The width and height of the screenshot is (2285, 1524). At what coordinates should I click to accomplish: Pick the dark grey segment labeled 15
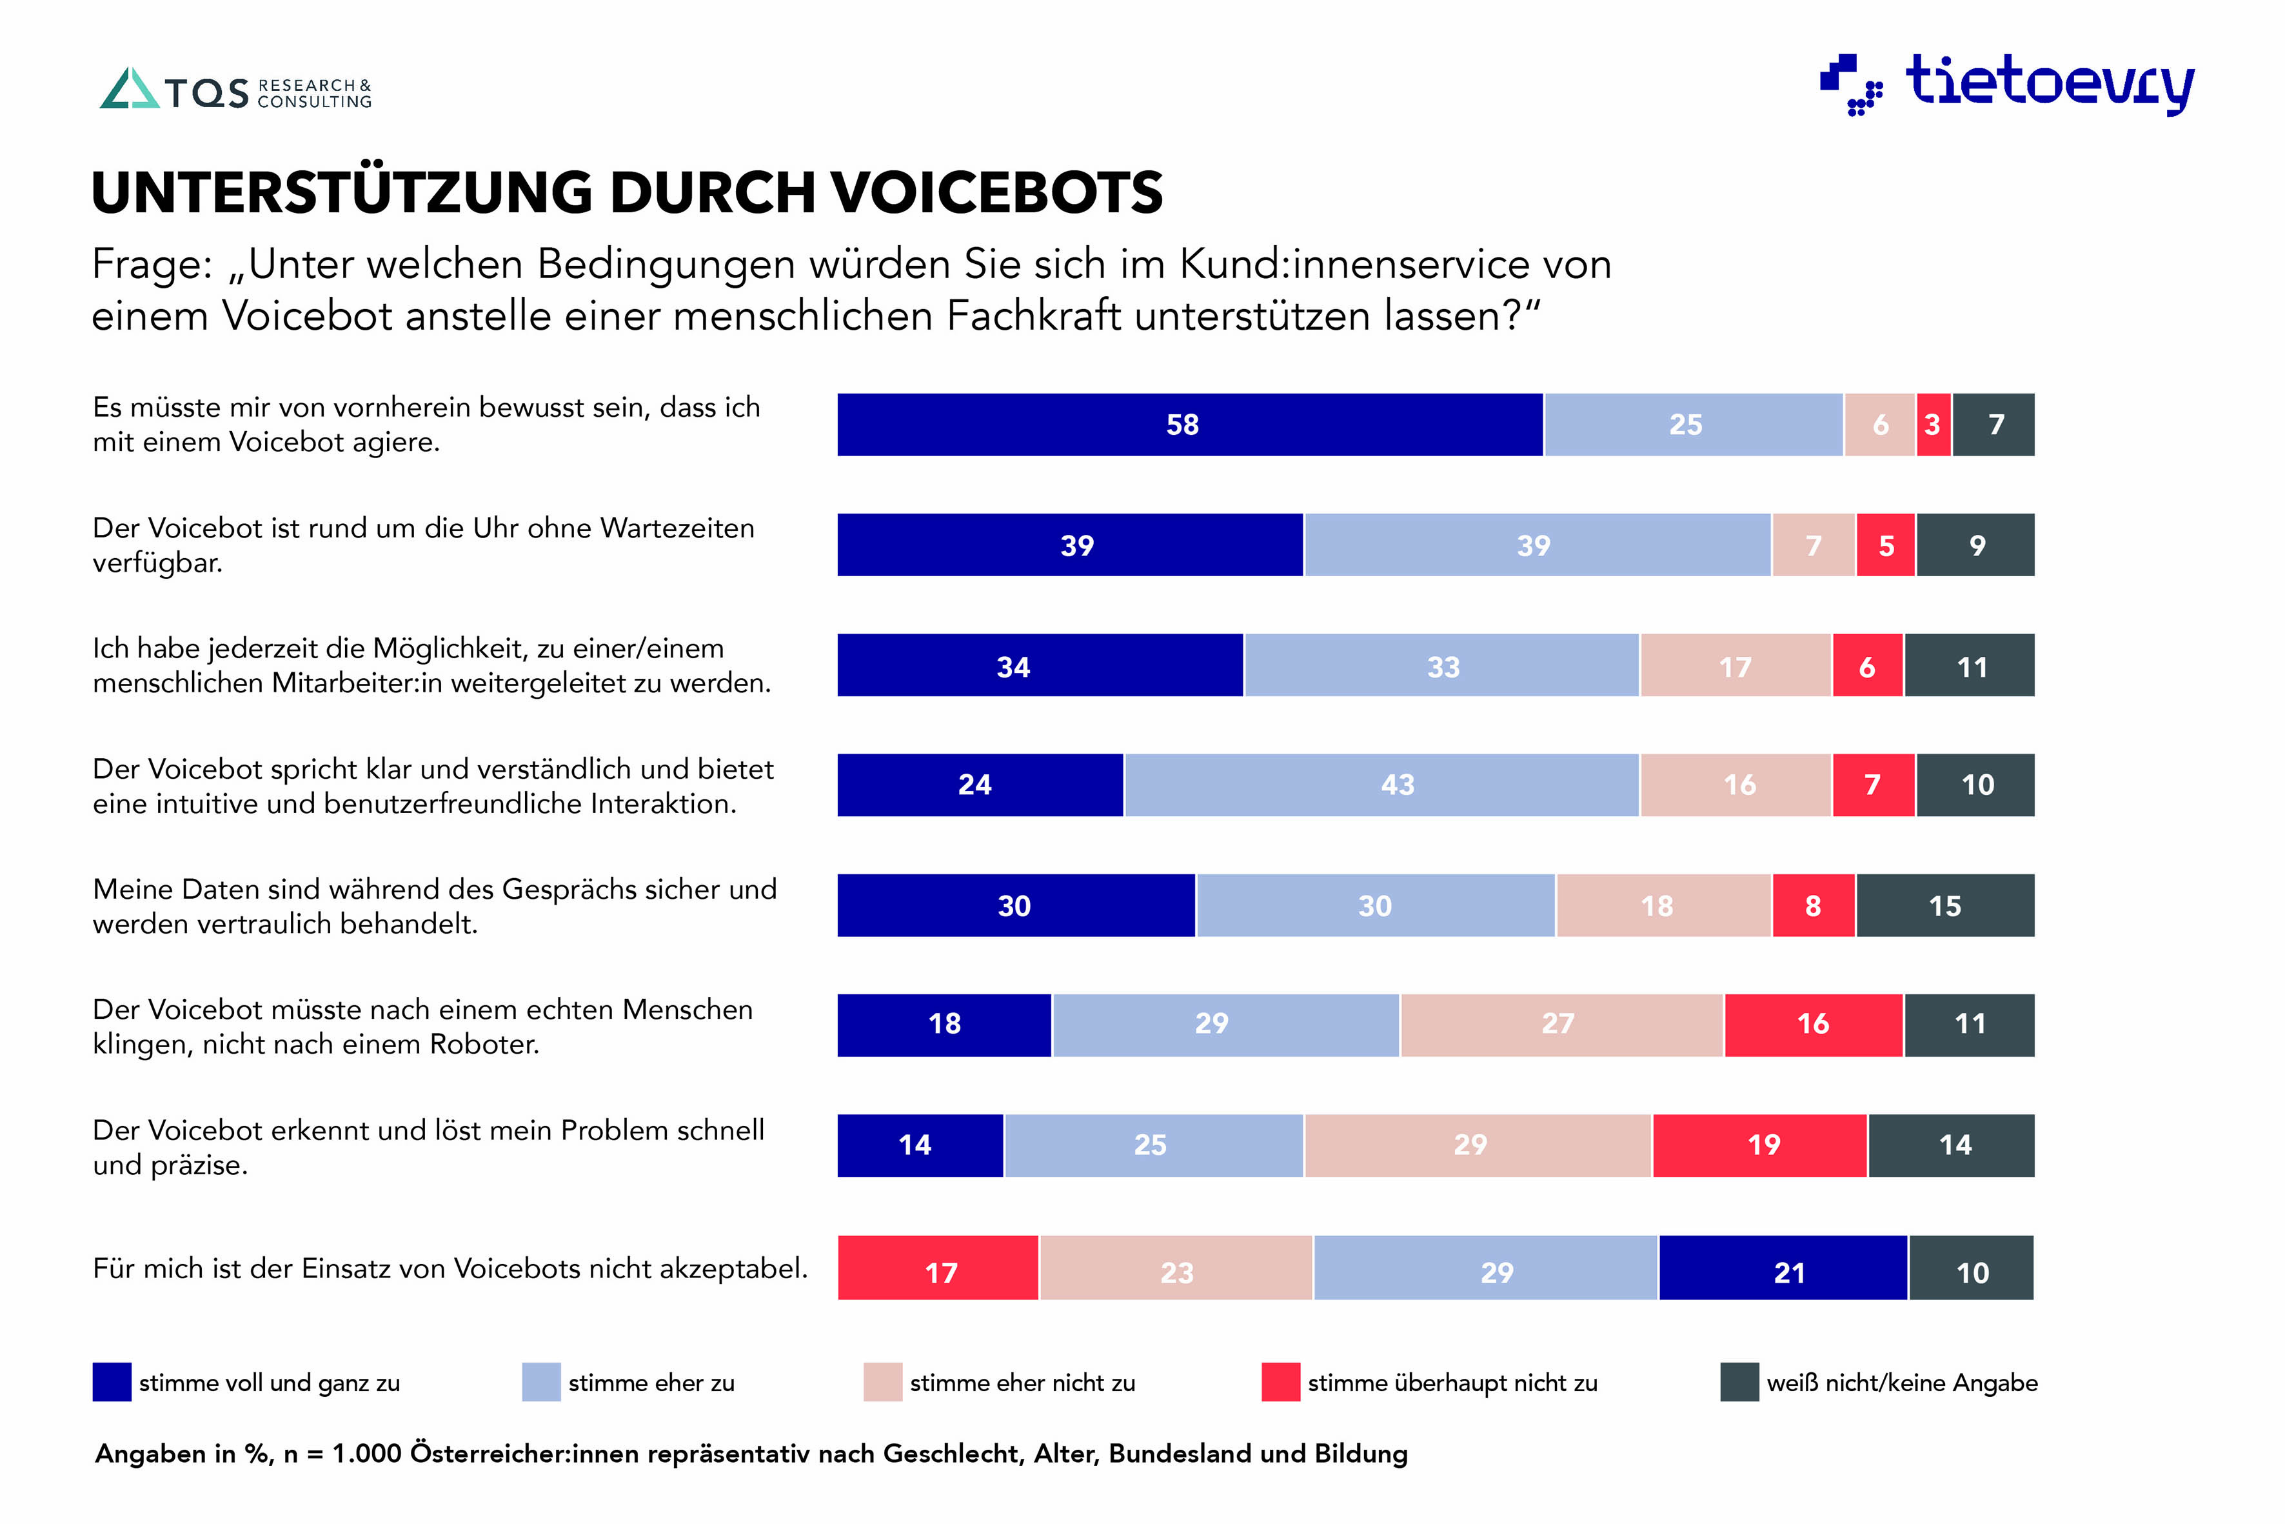coord(1945,906)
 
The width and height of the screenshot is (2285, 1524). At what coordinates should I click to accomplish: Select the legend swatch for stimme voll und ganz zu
coord(112,1382)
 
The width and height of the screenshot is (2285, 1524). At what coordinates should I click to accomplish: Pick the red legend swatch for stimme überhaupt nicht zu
coord(1280,1382)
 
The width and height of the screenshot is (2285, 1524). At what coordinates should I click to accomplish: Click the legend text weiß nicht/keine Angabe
coord(1901,1383)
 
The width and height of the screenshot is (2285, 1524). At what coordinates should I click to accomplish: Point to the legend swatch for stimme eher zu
coord(541,1382)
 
